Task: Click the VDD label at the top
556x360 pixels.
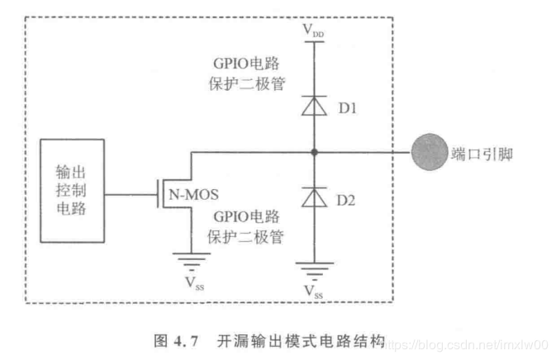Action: [314, 31]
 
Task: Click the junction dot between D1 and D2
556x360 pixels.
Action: [315, 152]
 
